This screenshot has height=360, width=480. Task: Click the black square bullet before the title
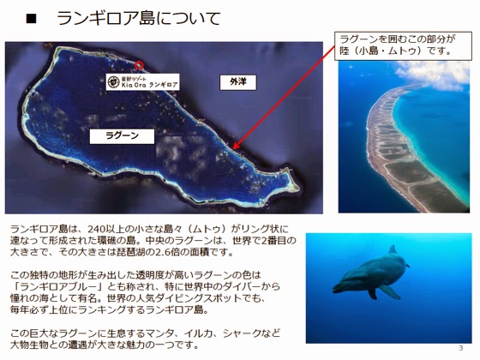pyautogui.click(x=31, y=19)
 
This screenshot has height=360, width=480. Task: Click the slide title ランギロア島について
pyautogui.click(x=139, y=18)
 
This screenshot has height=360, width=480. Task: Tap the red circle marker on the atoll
pyautogui.click(x=139, y=65)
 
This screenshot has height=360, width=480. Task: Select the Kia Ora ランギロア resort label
pyautogui.click(x=143, y=81)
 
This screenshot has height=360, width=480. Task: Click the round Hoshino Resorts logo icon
pyautogui.click(x=113, y=81)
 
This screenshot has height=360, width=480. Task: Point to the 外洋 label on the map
pyautogui.click(x=238, y=82)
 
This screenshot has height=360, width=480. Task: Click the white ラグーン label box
pyautogui.click(x=122, y=136)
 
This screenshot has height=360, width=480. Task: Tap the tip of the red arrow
pyautogui.click(x=233, y=149)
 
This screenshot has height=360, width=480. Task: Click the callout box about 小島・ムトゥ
pyautogui.click(x=403, y=45)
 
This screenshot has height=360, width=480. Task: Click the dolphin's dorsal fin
pyautogui.click(x=393, y=249)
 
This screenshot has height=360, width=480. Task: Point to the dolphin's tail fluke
pyautogui.click(x=407, y=265)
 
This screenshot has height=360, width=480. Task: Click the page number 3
pyautogui.click(x=461, y=347)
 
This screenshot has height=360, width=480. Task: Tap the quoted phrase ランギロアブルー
pyautogui.click(x=60, y=287)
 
